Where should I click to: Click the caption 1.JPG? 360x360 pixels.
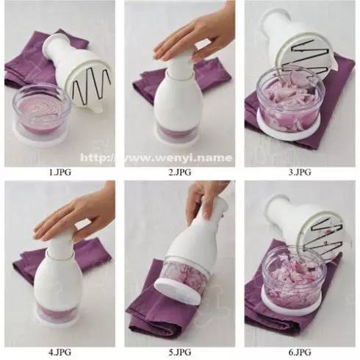coord(60,172)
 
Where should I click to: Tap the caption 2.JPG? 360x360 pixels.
coord(180,172)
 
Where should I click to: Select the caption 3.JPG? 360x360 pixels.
coord(300,172)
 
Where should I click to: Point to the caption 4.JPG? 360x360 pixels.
coord(60,352)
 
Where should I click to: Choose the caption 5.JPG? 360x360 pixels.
coord(180,352)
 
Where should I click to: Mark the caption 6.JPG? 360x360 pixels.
coord(300,352)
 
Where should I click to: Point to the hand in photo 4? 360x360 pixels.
coord(73,215)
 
